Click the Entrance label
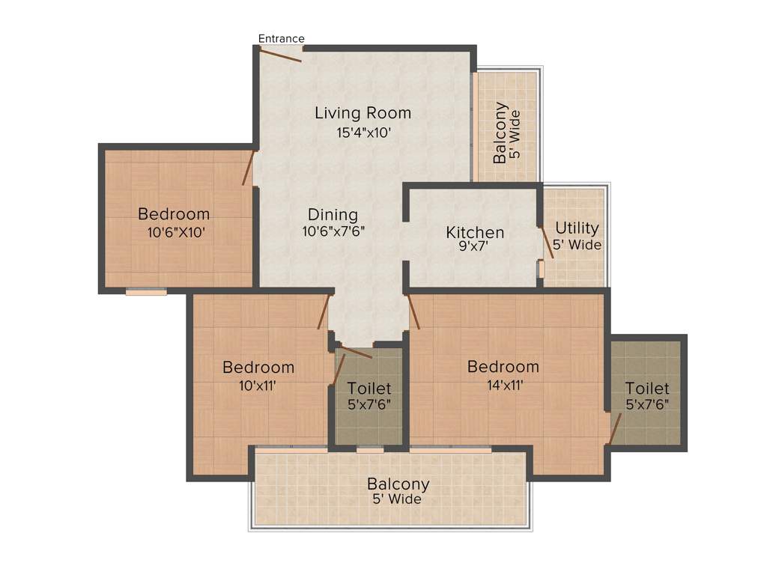281,38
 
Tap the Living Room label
363,113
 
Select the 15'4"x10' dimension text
363,133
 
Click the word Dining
333,215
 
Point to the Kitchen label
475,232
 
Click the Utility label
576,228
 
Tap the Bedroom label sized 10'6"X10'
174,214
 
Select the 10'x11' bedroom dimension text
258,386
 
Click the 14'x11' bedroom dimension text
503,386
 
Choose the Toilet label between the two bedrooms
369,389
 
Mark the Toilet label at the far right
647,389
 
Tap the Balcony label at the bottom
398,484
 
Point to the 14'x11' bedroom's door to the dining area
413,311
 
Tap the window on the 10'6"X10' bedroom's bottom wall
146,292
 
